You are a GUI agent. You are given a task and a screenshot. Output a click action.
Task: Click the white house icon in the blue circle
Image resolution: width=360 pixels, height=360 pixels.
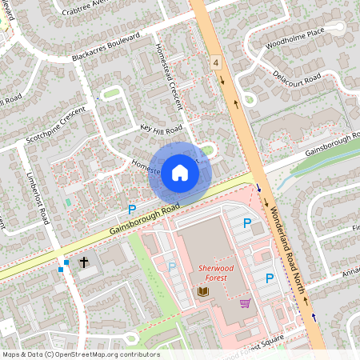[x=180, y=172]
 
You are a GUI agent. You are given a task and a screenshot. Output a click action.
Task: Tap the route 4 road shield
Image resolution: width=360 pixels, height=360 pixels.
[x=216, y=62]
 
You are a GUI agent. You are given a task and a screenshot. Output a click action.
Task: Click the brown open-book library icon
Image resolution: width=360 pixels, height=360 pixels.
[x=202, y=293]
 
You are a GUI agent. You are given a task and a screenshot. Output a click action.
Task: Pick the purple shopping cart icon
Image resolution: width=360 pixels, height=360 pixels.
[x=245, y=302]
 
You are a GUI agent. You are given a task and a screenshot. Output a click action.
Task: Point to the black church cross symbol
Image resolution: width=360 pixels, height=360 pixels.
[x=83, y=262]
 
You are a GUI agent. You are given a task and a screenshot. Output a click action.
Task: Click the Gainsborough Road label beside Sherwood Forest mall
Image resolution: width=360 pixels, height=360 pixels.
[x=144, y=221]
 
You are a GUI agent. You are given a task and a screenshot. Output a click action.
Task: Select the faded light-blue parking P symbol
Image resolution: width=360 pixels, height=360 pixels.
[x=172, y=266]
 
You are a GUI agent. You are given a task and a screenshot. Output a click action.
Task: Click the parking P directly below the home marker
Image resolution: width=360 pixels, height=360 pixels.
[x=132, y=210]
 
